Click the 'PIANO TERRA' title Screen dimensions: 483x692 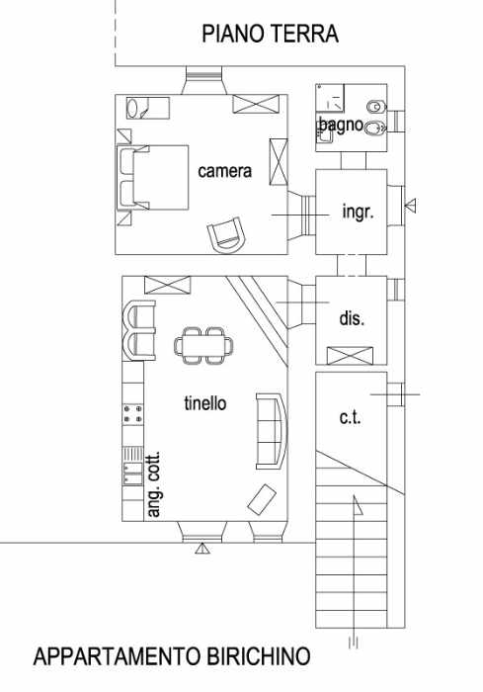coord(270,34)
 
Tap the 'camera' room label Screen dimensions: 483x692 coord(224,171)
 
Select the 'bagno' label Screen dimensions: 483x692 coord(341,126)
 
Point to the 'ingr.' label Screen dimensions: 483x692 coord(358,213)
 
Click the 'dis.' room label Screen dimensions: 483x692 coord(352,318)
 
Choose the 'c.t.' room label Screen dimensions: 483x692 coord(351,417)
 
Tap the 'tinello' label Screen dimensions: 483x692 coord(205,403)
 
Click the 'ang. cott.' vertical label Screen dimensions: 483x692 coord(153,484)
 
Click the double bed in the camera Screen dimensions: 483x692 coord(153,177)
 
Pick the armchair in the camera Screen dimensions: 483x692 coord(226,235)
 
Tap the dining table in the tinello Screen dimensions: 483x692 coord(203,345)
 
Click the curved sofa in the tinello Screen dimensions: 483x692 coord(272,431)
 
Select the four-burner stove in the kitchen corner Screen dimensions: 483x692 coord(132,413)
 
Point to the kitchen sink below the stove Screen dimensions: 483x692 coord(132,474)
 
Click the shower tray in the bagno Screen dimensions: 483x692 coord(330,98)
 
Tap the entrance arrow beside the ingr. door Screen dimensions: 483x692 coord(411,206)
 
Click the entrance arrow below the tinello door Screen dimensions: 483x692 coord(202,548)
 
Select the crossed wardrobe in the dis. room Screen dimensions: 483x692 coord(350,356)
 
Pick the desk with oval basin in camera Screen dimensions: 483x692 coord(148,108)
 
